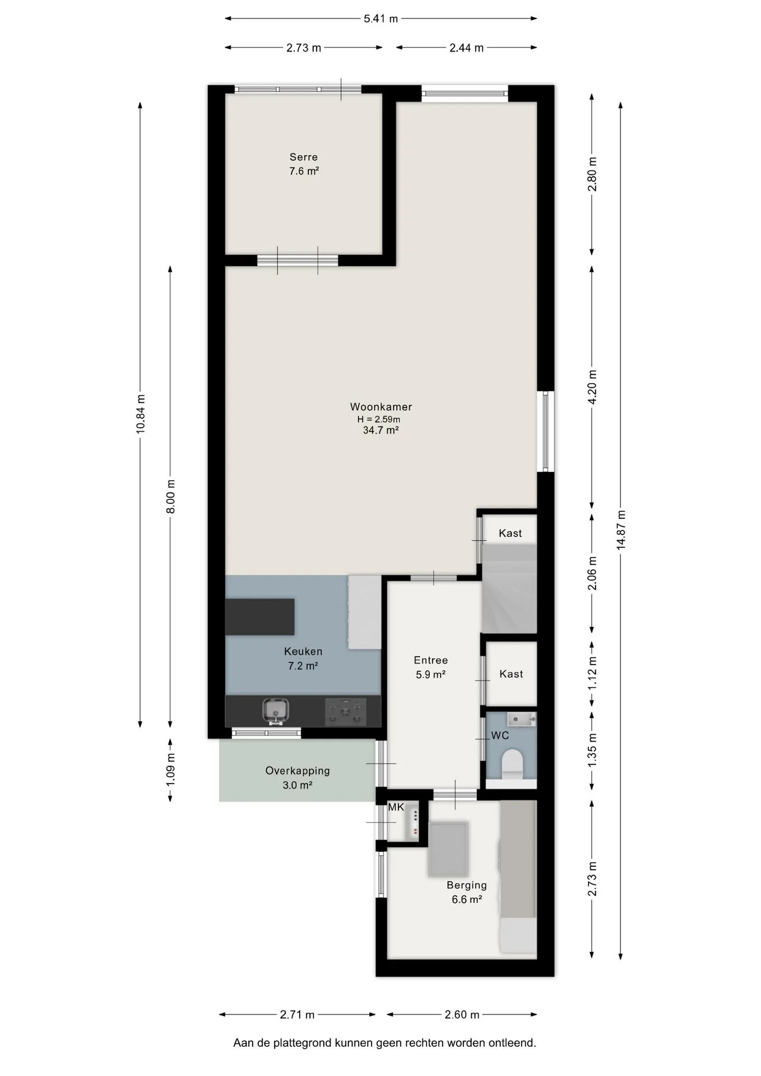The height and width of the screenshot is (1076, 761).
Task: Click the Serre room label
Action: [x=304, y=157]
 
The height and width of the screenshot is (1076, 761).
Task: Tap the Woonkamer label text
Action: [x=381, y=407]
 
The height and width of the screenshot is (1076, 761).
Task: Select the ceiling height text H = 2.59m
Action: [x=379, y=419]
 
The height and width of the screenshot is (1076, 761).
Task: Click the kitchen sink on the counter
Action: [x=275, y=711]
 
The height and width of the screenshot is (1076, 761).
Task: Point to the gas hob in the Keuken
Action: [x=345, y=711]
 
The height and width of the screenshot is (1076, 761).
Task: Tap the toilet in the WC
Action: [x=512, y=763]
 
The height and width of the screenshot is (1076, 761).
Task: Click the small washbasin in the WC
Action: [x=521, y=719]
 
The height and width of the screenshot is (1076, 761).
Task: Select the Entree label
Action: [x=431, y=661]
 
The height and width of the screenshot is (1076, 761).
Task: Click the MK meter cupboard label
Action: [x=396, y=808]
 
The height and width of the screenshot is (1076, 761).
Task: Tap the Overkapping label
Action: [x=298, y=771]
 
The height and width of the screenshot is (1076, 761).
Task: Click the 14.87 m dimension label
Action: [x=621, y=530]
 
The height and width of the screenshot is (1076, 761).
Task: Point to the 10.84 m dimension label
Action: [x=141, y=414]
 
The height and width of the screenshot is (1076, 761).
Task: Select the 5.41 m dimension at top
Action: [x=381, y=18]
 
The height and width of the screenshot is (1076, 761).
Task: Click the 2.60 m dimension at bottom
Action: [x=462, y=1014]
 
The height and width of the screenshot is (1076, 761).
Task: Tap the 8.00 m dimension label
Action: [x=171, y=497]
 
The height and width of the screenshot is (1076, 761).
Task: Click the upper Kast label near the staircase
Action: [x=511, y=533]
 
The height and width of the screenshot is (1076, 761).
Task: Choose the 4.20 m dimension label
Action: [x=593, y=387]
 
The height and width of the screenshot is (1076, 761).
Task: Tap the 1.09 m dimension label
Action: [x=171, y=769]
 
